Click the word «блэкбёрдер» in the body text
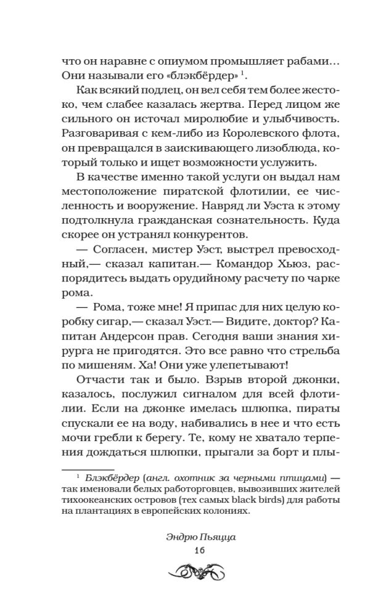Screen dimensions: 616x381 pos(204,75)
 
